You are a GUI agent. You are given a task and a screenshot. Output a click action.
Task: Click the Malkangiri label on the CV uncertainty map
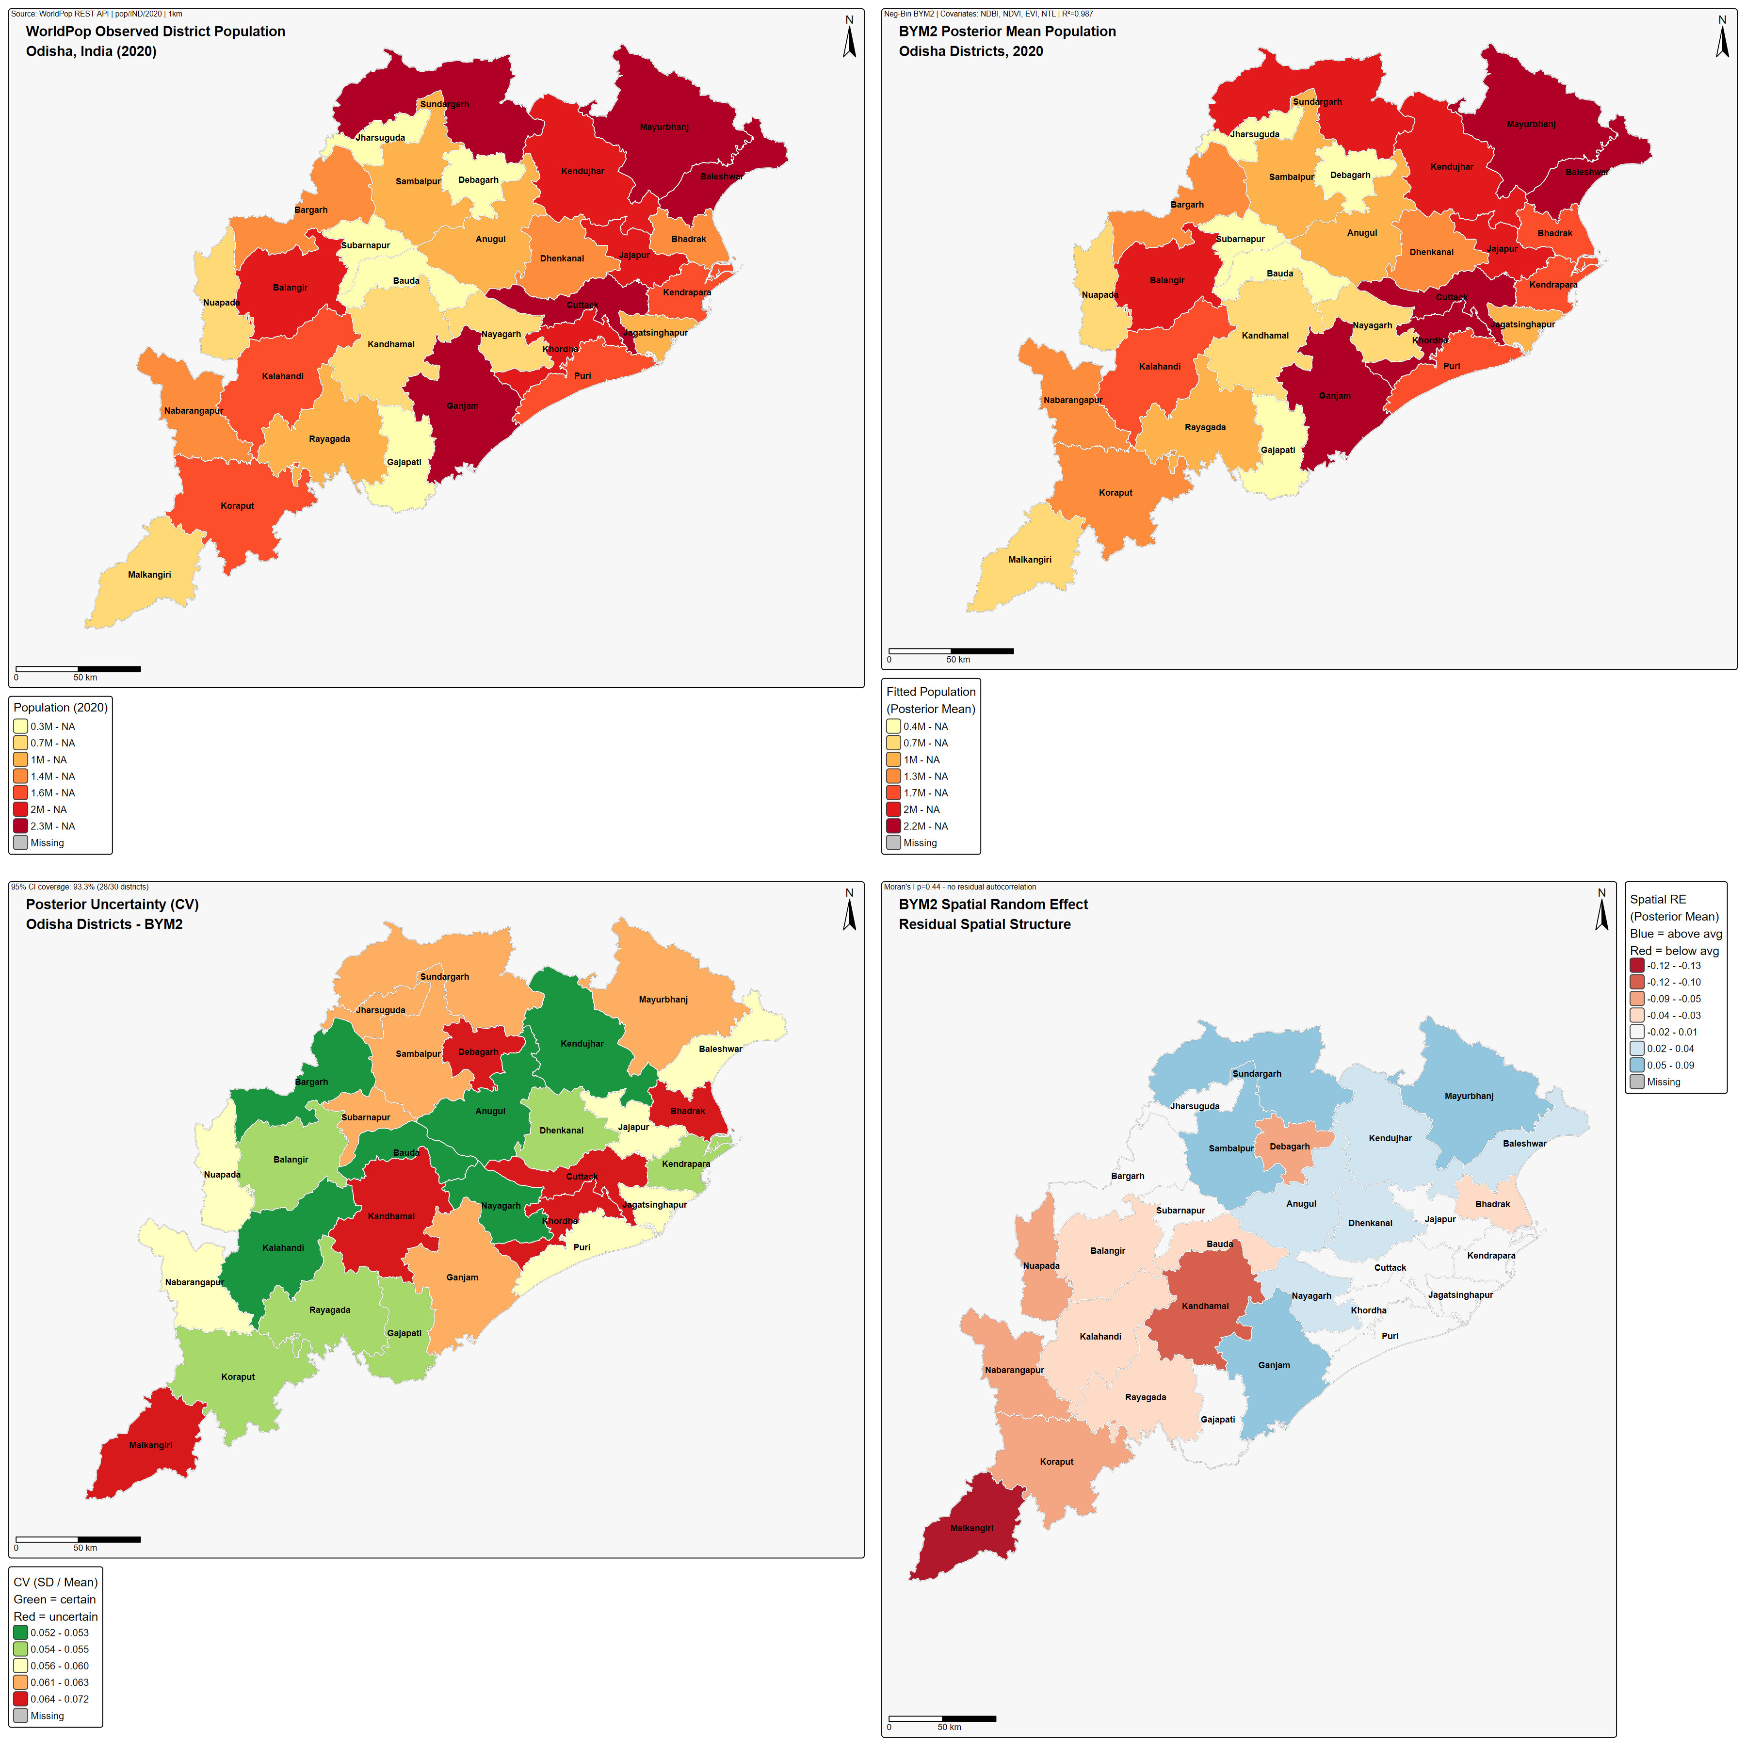click(150, 1445)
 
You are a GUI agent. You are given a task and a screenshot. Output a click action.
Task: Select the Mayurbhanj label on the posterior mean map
click(1531, 124)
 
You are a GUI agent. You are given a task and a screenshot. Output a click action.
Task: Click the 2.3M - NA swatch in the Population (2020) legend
click(21, 826)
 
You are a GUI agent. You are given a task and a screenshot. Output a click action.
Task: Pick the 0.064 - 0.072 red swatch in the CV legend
click(21, 1699)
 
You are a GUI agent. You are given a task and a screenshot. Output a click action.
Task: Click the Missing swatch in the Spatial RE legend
click(1637, 1082)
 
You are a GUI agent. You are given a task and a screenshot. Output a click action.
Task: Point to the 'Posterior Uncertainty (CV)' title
click(112, 905)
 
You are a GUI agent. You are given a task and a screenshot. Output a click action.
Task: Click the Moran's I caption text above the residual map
click(960, 887)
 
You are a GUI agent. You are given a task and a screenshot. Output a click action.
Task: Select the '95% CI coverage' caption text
click(80, 887)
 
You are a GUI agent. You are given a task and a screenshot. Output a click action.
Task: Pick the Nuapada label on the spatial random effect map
click(1041, 1265)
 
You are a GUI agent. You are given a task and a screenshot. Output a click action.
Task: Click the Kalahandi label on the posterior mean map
click(1160, 367)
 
